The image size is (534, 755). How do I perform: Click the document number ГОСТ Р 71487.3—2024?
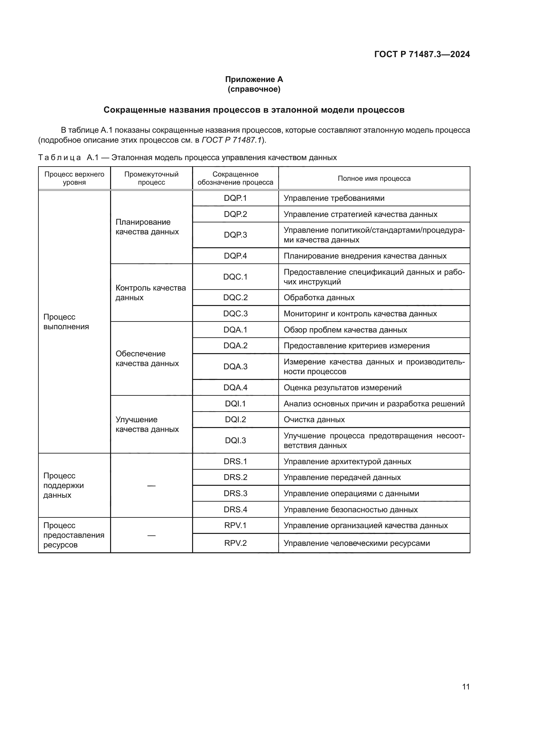tap(422, 54)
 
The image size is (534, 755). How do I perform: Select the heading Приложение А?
tap(254, 79)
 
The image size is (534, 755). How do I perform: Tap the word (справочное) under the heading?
tap(254, 89)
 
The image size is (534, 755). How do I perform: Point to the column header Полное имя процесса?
tap(374, 178)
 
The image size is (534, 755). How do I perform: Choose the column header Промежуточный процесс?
tap(151, 178)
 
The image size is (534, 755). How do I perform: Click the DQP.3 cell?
tap(235, 235)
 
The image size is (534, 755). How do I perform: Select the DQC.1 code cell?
tap(235, 277)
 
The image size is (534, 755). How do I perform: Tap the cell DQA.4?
tap(235, 387)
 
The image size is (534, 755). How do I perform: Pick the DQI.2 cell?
tap(235, 419)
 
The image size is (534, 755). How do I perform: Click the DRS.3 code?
tap(235, 493)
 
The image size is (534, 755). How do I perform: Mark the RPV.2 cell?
tap(235, 543)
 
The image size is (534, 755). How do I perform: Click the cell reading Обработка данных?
tap(319, 297)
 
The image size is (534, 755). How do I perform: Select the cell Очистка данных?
tap(314, 419)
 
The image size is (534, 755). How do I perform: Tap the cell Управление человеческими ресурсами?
tap(356, 543)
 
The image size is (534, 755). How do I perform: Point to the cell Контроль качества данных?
tap(150, 292)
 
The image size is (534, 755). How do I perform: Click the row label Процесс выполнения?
tap(66, 321)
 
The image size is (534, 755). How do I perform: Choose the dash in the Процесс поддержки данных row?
tap(151, 485)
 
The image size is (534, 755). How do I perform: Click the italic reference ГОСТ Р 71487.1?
tap(231, 140)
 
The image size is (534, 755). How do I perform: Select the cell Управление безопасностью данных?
tap(351, 509)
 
